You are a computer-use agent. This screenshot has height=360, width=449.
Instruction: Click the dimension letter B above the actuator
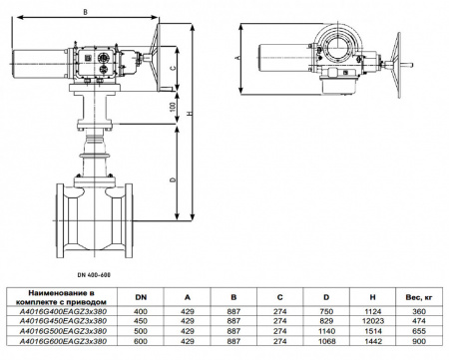click(86, 12)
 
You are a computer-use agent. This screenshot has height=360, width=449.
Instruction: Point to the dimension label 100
click(173, 107)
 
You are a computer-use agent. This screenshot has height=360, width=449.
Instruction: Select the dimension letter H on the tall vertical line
click(190, 114)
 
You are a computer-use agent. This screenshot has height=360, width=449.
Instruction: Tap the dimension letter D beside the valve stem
click(173, 180)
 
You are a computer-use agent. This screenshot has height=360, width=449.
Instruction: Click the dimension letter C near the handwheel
click(173, 68)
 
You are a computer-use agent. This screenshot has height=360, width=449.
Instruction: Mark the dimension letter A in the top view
click(237, 58)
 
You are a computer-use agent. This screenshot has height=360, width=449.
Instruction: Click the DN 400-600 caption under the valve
click(93, 275)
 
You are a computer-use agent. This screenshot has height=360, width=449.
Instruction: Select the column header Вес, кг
click(419, 298)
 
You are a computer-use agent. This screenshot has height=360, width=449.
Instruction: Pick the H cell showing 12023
click(372, 321)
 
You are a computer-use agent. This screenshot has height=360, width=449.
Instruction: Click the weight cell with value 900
click(419, 341)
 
